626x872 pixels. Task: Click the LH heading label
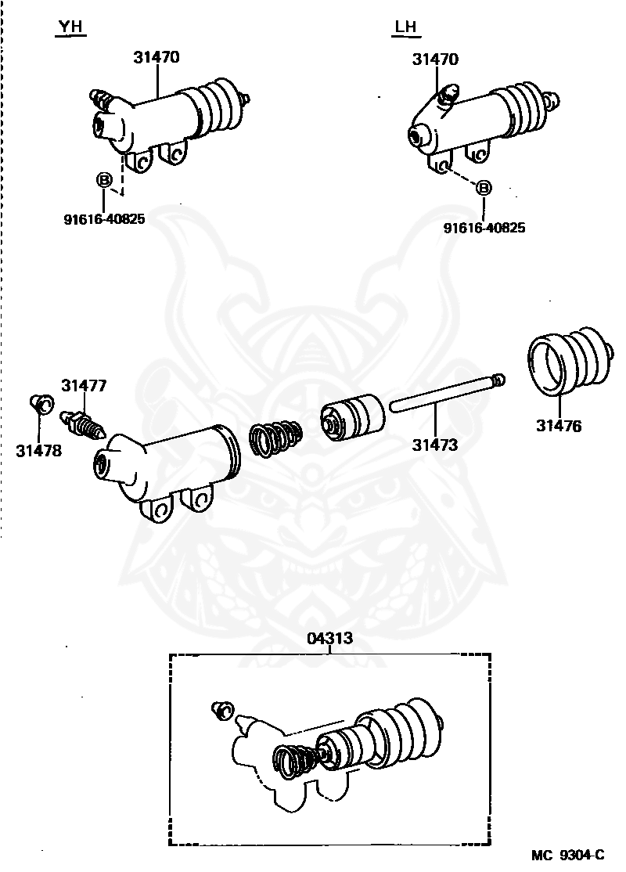(x=405, y=27)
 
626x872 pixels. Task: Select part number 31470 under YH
(x=156, y=57)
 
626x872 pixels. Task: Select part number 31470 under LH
(x=436, y=59)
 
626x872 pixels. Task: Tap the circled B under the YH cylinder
(x=103, y=181)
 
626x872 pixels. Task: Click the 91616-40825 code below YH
(x=104, y=219)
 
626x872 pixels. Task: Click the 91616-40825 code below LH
(x=484, y=228)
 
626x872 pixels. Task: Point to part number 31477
(x=84, y=385)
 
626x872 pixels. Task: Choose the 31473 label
(x=435, y=445)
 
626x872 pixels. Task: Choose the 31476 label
(x=559, y=427)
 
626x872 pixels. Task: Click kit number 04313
(x=329, y=639)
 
